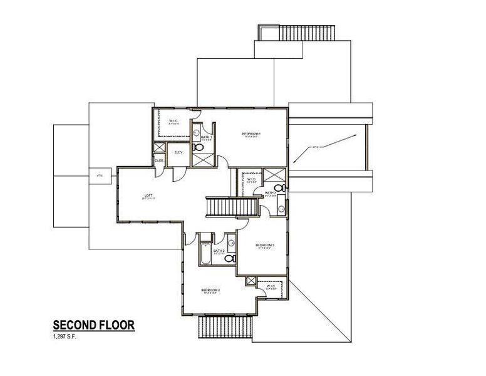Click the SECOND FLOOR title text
pos(93,325)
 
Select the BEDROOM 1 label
pos(251,134)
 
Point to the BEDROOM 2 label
pos(210,290)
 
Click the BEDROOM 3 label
pos(265,244)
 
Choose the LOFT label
pos(148,196)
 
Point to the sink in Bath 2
pos(230,243)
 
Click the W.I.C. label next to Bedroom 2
pos(271,287)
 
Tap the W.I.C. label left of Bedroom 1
pos(174,122)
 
